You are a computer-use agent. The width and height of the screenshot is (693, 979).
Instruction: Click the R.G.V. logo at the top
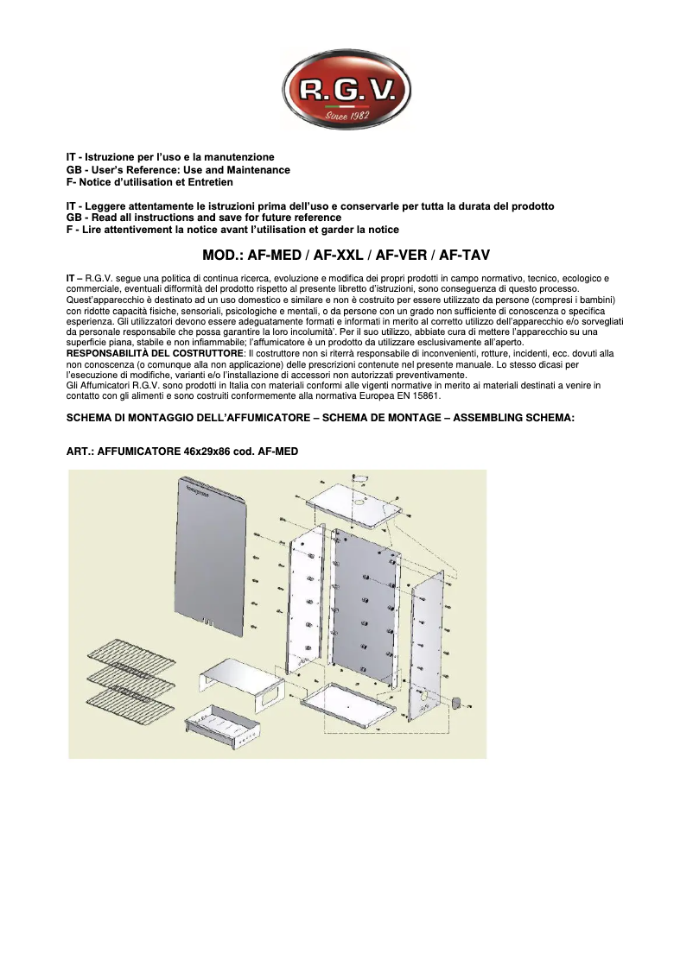click(x=346, y=89)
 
